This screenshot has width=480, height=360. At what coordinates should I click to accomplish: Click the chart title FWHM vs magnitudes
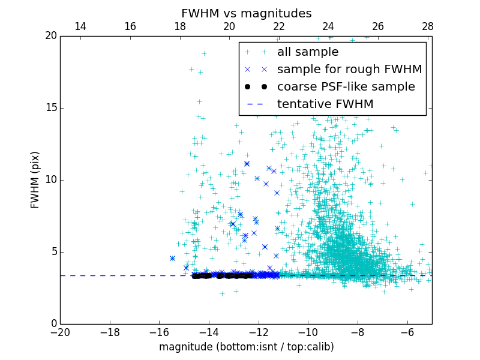246,13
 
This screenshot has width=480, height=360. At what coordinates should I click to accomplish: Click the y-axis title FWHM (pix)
35,179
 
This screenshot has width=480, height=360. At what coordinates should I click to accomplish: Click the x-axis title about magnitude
246,347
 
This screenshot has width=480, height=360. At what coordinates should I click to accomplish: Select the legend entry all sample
307,52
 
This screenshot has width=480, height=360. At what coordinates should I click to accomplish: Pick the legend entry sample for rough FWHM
349,70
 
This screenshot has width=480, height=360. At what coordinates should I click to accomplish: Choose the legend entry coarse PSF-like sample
346,87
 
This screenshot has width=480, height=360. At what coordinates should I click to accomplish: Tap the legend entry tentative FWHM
325,104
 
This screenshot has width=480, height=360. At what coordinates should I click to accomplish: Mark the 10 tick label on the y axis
50,180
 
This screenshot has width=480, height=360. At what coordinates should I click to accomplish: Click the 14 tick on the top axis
80,26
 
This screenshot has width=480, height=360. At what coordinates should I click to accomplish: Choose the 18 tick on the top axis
179,26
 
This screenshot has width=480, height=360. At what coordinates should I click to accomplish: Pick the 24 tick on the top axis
328,26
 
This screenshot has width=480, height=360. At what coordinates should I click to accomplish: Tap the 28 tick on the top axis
427,26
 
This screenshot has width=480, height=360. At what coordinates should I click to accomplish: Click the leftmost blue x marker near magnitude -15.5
172,258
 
